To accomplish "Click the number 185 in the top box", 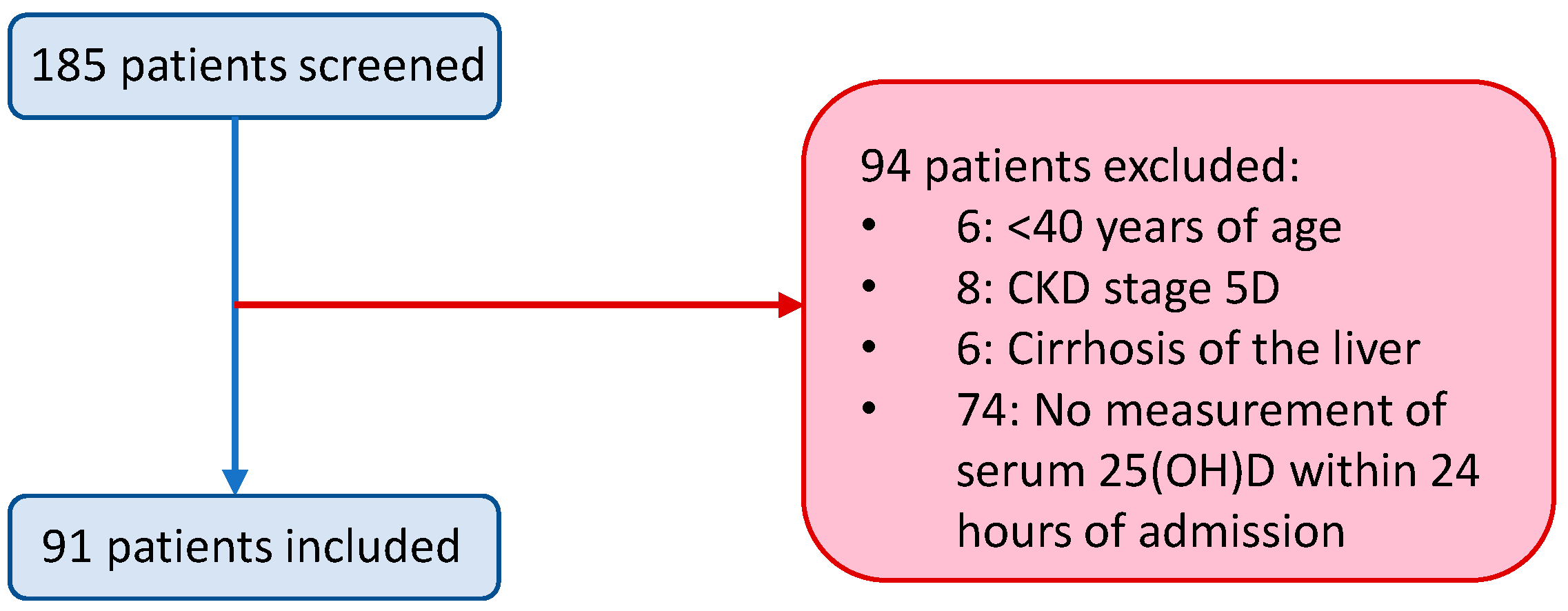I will (x=68, y=66).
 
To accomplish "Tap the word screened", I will (x=391, y=66).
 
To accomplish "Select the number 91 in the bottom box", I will (x=67, y=547).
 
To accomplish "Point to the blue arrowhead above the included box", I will (x=235, y=481).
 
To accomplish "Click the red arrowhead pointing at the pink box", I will (x=790, y=305).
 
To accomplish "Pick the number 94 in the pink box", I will (x=885, y=167).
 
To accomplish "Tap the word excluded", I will (x=1201, y=167).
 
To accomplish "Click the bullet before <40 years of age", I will (x=869, y=225).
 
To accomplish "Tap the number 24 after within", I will (x=1454, y=471).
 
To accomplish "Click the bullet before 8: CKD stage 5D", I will (x=869, y=286).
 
